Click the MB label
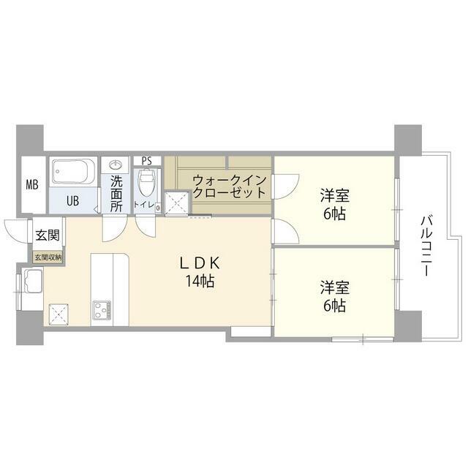(x=31, y=184)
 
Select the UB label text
(x=73, y=200)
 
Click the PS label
(x=147, y=161)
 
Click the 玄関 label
(x=48, y=236)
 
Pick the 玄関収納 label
(x=48, y=257)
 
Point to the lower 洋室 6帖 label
(x=334, y=295)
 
